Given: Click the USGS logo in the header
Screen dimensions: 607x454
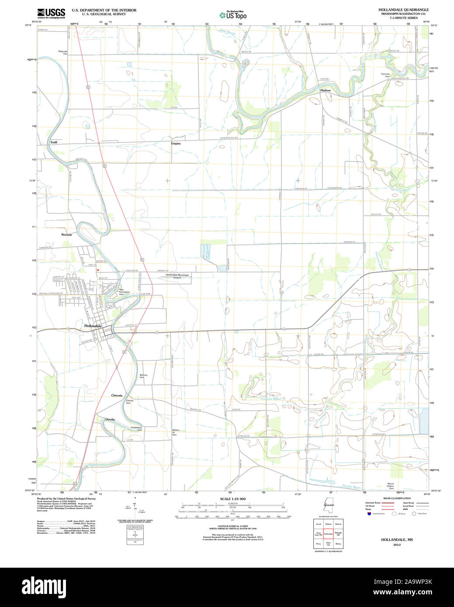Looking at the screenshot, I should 51,12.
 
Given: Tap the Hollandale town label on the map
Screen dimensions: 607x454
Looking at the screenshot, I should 93,326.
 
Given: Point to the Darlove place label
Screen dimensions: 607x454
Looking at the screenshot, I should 326,90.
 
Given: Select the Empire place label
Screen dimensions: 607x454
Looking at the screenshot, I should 176,143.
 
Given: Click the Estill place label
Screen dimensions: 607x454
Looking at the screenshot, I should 54,142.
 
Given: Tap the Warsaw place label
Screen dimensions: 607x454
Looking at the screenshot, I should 66,235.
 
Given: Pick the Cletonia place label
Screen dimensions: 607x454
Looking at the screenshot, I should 117,395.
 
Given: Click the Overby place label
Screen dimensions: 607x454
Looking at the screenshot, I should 110,419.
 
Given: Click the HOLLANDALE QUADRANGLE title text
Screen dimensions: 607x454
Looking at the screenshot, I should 404,10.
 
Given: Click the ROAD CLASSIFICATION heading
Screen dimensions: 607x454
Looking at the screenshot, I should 396,498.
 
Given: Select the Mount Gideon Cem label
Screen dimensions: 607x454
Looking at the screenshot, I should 391,486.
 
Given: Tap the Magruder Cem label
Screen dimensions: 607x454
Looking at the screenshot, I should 63,52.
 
